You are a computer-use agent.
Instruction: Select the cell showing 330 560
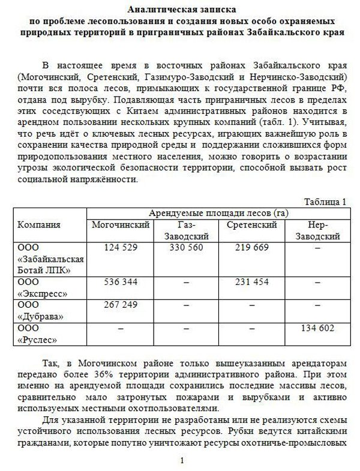(187, 248)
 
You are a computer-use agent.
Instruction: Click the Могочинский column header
(121, 225)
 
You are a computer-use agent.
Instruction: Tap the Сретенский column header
(252, 225)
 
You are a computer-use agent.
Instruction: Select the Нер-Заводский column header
(316, 231)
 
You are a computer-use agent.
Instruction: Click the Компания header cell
(39, 225)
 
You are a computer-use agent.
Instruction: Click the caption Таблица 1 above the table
(325, 202)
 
